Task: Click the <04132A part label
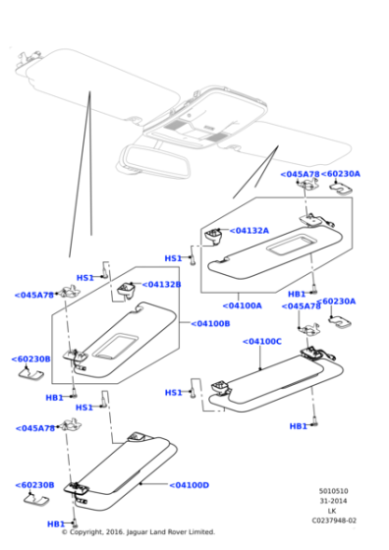(250, 231)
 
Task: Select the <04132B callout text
(162, 284)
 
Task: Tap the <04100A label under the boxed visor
(243, 305)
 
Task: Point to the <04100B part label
(210, 323)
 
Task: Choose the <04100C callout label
(262, 342)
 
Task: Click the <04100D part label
(190, 485)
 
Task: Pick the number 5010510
(334, 491)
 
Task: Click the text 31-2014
(333, 501)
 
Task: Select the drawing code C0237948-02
(334, 521)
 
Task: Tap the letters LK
(332, 511)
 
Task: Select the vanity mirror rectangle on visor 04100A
(292, 245)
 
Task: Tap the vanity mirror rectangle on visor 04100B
(115, 346)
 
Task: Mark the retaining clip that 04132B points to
(126, 290)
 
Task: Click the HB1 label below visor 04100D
(56, 524)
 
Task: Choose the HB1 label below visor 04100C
(299, 426)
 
